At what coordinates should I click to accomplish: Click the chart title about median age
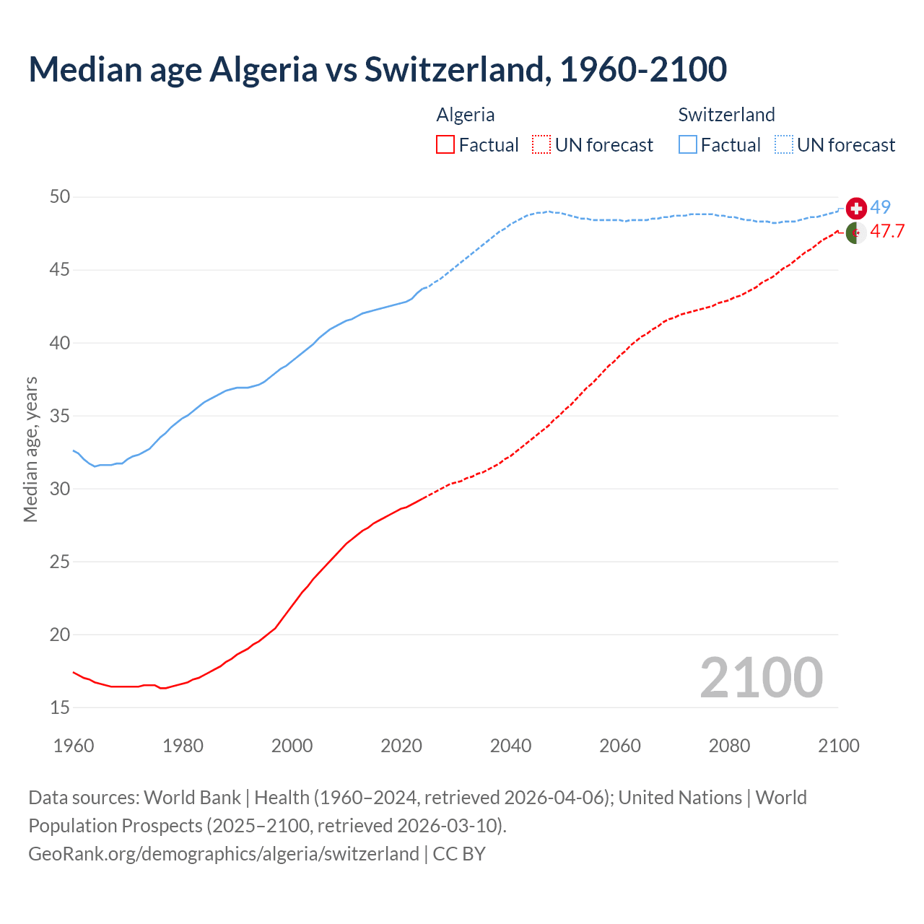377,69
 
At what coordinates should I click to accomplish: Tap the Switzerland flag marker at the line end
856,208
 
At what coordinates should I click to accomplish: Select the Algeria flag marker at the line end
856,233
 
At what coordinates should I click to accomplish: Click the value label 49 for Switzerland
880,207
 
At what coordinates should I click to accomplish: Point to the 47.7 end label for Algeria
887,232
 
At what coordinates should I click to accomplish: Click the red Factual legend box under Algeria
445,145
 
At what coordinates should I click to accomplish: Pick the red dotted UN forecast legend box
541,145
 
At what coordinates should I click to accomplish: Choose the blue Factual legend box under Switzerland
688,145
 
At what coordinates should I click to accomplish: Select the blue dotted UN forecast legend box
784,145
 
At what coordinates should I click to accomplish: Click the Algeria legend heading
466,115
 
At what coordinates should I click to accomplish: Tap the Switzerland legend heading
726,115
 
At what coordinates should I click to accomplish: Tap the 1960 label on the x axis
74,746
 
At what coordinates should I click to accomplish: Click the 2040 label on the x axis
510,746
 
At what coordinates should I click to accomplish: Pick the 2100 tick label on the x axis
838,746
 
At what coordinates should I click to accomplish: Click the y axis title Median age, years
30,449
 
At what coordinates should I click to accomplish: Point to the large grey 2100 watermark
761,678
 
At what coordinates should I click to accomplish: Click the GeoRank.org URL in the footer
224,854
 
